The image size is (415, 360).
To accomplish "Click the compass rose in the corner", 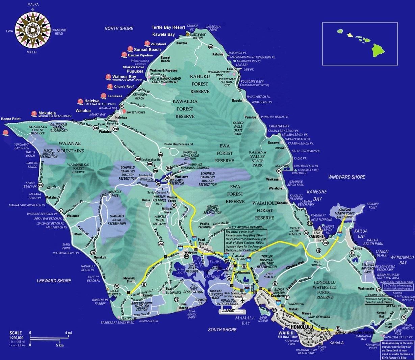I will (x=33, y=29).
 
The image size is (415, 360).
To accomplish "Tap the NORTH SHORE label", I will (x=119, y=29).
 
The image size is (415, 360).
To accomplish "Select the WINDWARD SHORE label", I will (x=346, y=177).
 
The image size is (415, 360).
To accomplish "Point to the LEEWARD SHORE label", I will (x=54, y=281).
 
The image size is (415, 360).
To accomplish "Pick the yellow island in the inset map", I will (x=350, y=34).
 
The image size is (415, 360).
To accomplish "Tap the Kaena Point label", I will (x=11, y=119).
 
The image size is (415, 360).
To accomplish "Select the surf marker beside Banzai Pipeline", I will (x=124, y=55).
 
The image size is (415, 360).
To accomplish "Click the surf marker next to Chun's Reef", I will (x=110, y=87).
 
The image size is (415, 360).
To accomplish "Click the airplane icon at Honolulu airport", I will (x=242, y=301).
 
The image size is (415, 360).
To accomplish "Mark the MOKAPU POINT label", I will (x=372, y=206).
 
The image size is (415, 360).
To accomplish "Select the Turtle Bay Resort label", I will (x=168, y=27).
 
